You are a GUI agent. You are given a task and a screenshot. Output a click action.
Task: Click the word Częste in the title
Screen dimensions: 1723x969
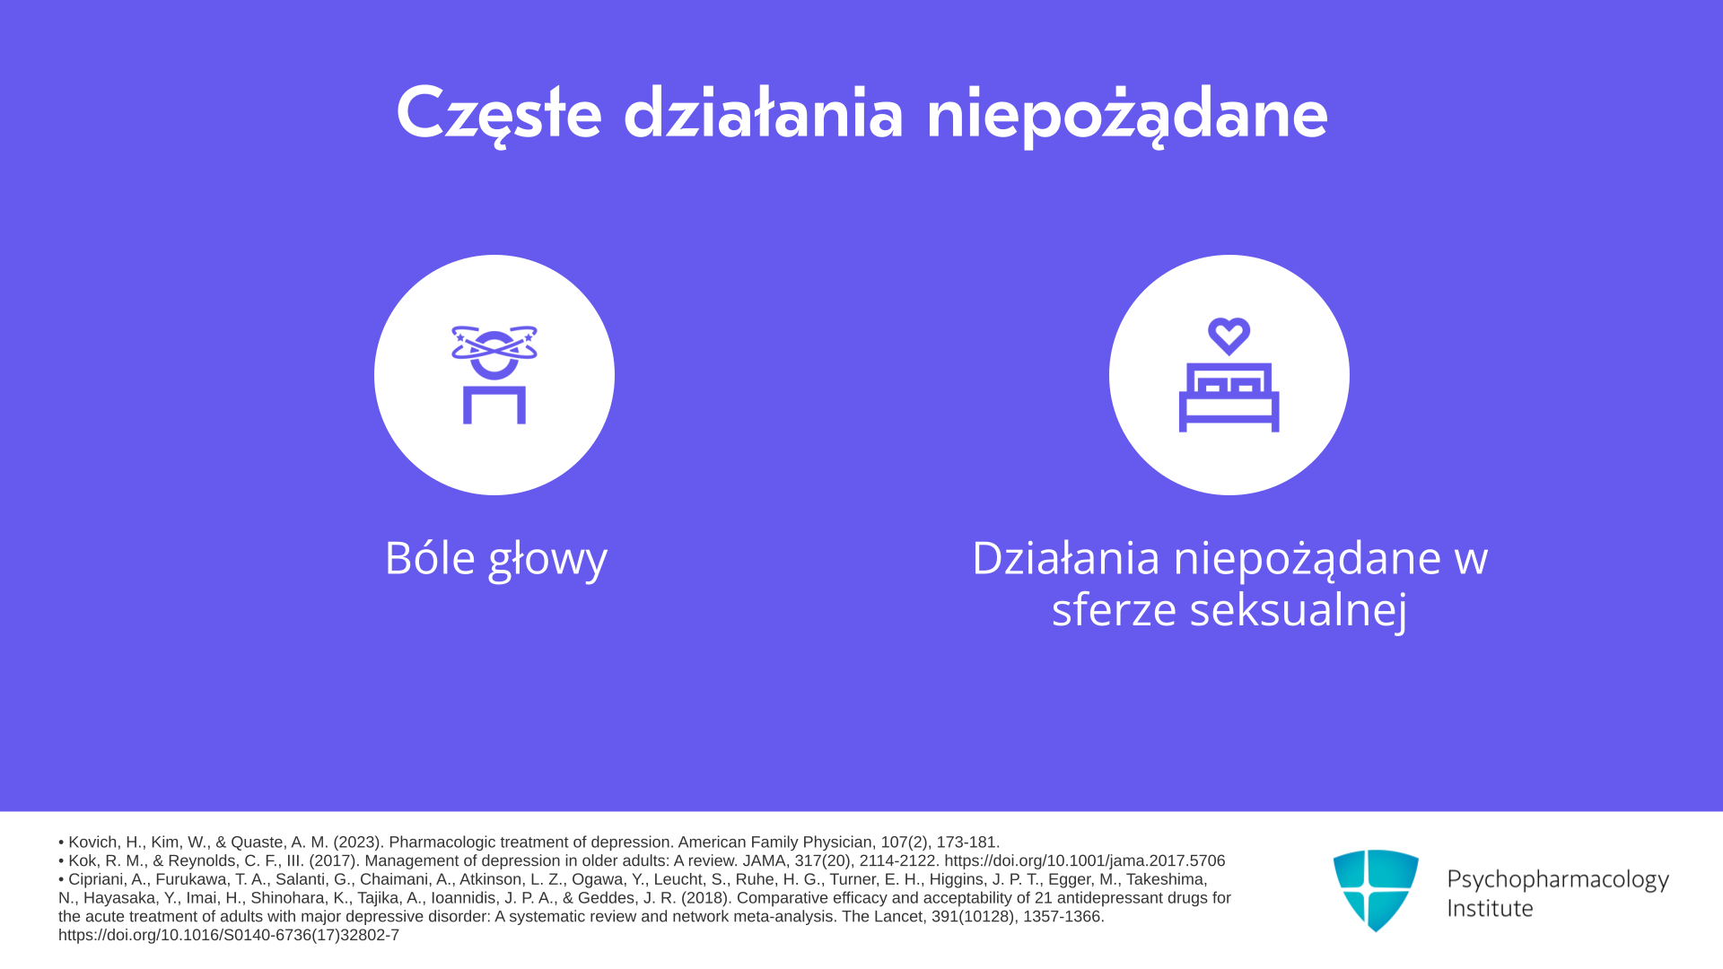click(498, 114)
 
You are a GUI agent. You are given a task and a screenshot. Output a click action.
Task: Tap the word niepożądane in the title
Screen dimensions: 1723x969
click(1126, 114)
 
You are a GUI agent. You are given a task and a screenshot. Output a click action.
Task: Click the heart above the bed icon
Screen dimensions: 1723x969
click(1229, 336)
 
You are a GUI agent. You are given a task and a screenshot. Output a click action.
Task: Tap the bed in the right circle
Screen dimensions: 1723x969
click(1229, 397)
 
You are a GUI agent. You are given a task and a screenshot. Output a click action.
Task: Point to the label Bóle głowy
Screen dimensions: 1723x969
click(496, 558)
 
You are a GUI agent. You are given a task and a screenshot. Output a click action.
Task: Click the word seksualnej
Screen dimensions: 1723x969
click(1299, 610)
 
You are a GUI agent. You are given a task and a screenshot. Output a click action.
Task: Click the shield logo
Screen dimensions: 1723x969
click(1376, 890)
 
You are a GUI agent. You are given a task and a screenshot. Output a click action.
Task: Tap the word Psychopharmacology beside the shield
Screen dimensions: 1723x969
click(1558, 879)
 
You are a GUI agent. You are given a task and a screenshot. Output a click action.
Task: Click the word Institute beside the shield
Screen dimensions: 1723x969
click(1491, 908)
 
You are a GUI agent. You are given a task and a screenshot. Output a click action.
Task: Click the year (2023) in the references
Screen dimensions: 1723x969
click(359, 842)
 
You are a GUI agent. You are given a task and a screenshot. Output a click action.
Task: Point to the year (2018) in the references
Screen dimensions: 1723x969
click(706, 898)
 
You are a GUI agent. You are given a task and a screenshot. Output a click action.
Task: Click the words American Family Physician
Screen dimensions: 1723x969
click(775, 842)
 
